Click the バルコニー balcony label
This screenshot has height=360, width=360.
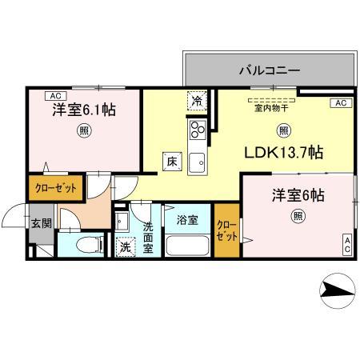269,71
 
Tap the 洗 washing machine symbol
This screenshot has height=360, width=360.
126,247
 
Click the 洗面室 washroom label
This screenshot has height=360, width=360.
149,237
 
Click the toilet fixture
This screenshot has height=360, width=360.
89,245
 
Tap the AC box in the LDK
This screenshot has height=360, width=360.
339,103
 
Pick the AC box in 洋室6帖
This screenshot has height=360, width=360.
347,246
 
